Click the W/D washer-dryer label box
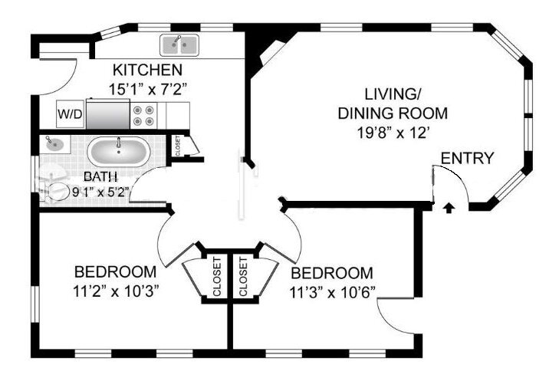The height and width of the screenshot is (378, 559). click(x=71, y=114)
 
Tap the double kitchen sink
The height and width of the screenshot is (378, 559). click(x=179, y=45)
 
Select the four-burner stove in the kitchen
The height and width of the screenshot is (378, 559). click(x=143, y=116)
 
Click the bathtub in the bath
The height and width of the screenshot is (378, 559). click(x=119, y=152)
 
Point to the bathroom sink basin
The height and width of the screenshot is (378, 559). click(x=54, y=144)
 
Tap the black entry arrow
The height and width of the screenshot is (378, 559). click(x=449, y=208)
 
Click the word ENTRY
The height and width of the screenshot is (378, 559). click(x=468, y=158)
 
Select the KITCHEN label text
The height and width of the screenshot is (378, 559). click(x=147, y=70)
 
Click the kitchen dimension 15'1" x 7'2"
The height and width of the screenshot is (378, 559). click(x=147, y=89)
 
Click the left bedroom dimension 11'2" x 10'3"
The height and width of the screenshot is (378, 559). click(x=116, y=291)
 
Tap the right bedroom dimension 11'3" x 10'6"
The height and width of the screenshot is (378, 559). click(x=333, y=293)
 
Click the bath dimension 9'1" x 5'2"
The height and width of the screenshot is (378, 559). click(x=100, y=192)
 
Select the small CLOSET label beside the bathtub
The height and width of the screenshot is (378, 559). click(x=178, y=146)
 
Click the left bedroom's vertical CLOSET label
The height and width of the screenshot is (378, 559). click(x=217, y=277)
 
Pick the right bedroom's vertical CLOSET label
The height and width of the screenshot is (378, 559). click(x=243, y=277)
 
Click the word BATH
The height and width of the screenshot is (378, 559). click(x=100, y=176)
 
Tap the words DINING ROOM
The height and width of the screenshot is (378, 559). click(x=393, y=113)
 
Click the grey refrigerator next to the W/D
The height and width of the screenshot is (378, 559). click(x=107, y=113)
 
